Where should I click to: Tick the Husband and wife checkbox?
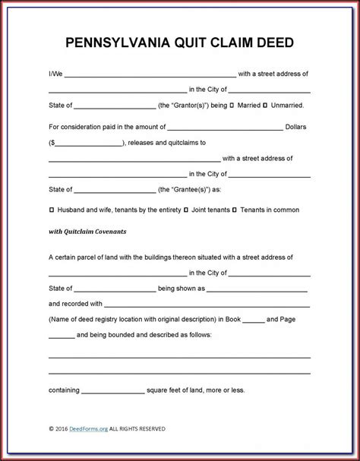click(x=51, y=209)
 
